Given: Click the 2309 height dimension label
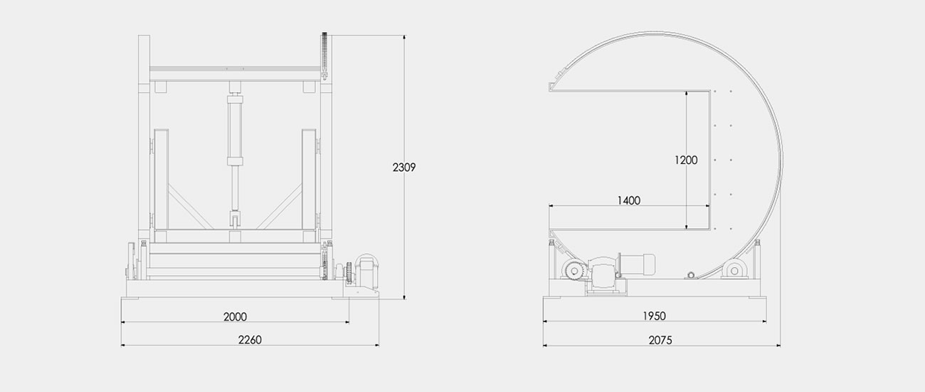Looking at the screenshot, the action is (x=404, y=167).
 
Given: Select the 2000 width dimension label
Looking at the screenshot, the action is (x=235, y=316).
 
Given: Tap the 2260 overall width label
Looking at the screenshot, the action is (x=250, y=339).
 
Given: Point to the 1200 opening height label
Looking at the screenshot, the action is (x=686, y=160).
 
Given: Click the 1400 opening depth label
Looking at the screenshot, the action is (x=628, y=200).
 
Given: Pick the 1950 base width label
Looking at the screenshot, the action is (x=654, y=316).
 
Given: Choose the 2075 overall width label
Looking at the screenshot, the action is (x=660, y=340).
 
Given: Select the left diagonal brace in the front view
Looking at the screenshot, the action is (x=191, y=207).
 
